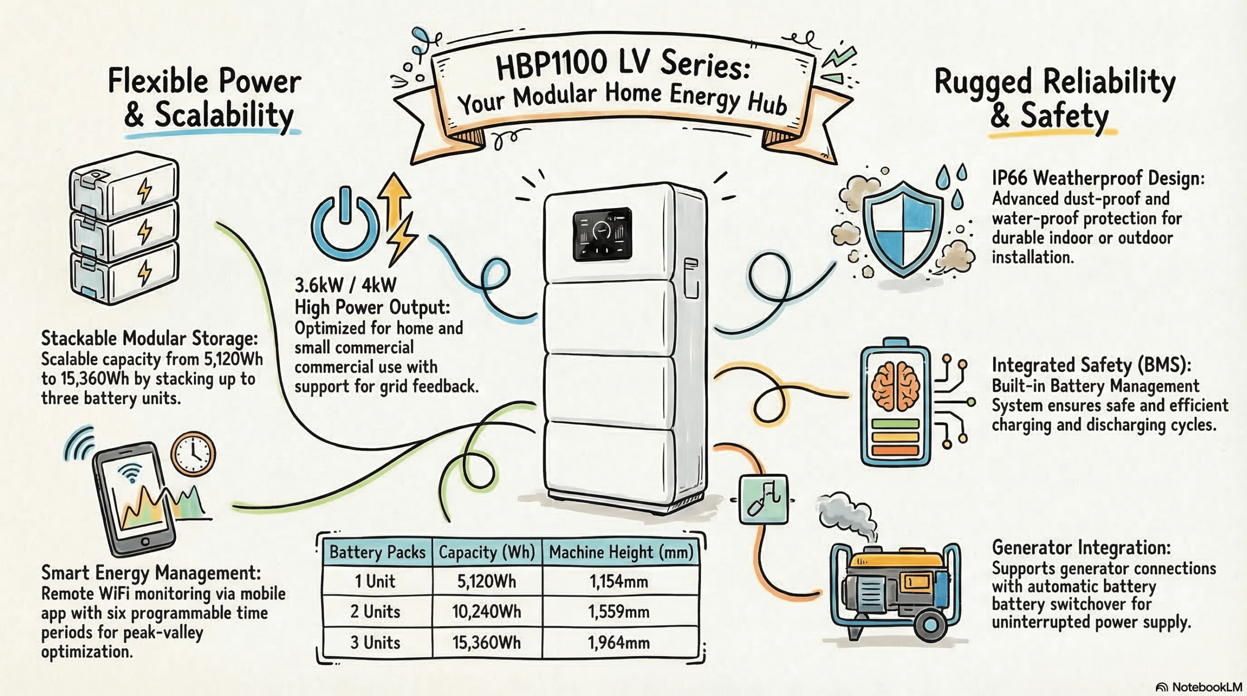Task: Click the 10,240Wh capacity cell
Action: tap(486, 612)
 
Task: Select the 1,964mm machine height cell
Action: tap(619, 643)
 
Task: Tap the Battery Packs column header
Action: tap(377, 552)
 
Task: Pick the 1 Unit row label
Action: tap(375, 582)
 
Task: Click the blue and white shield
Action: tap(904, 229)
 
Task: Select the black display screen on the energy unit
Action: tap(602, 234)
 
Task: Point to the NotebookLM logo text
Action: tap(1206, 687)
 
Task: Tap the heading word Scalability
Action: tap(224, 116)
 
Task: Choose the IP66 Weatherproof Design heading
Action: tap(1098, 178)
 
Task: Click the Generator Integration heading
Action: tap(1081, 547)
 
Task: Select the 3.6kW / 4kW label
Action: tap(345, 285)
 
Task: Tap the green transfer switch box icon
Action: tap(763, 500)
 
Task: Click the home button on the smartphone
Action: tap(145, 542)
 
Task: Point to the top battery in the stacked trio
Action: tap(124, 185)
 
